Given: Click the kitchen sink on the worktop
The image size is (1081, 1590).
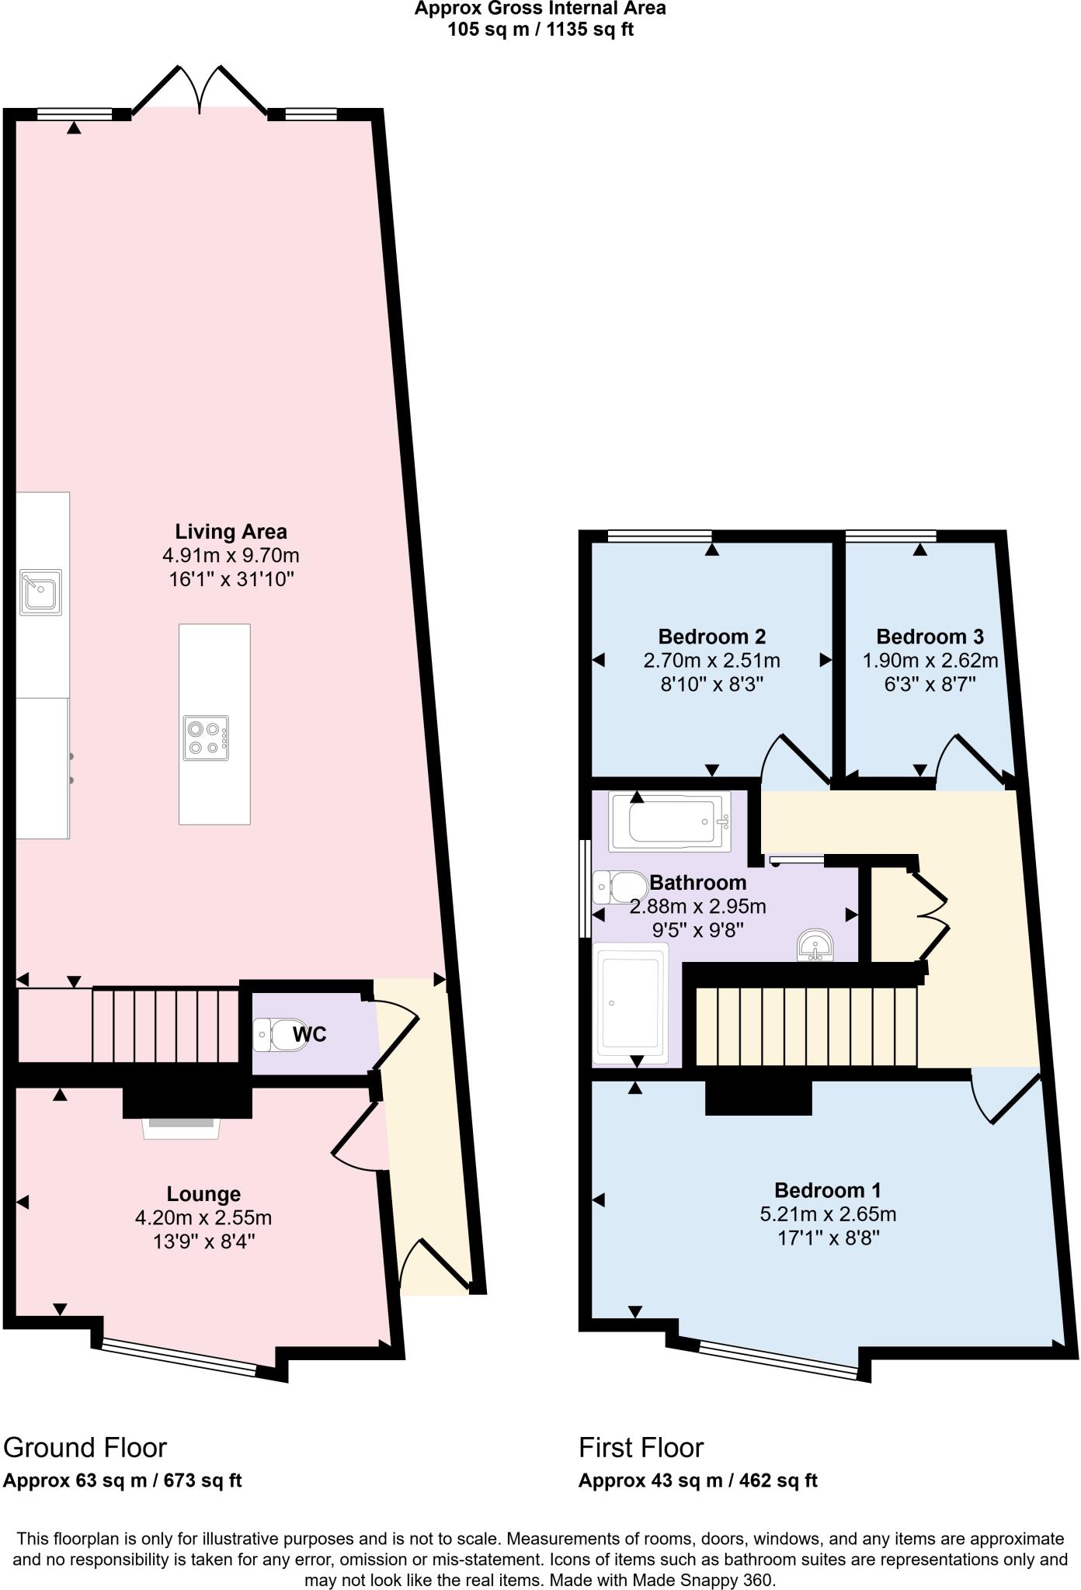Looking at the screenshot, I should (41, 592).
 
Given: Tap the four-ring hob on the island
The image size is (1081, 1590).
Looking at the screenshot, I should (206, 738).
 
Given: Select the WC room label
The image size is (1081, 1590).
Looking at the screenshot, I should (309, 1035).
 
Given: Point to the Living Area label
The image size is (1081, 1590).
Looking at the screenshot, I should (231, 532).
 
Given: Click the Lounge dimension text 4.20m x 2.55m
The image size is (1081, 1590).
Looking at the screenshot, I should (203, 1217).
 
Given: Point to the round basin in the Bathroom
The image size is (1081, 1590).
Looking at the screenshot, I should (815, 945).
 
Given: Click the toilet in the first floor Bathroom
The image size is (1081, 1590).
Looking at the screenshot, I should (621, 887).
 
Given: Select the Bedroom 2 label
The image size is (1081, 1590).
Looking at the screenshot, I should (711, 637).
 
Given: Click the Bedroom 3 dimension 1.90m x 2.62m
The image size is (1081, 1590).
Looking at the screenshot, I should (930, 661).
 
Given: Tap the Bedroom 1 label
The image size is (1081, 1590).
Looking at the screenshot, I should (827, 1190).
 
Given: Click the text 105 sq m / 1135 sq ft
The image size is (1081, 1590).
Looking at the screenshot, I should (540, 30).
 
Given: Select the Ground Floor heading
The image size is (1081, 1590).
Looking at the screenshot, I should (85, 1447).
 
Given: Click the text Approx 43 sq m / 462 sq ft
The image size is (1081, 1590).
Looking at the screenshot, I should (697, 1481).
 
